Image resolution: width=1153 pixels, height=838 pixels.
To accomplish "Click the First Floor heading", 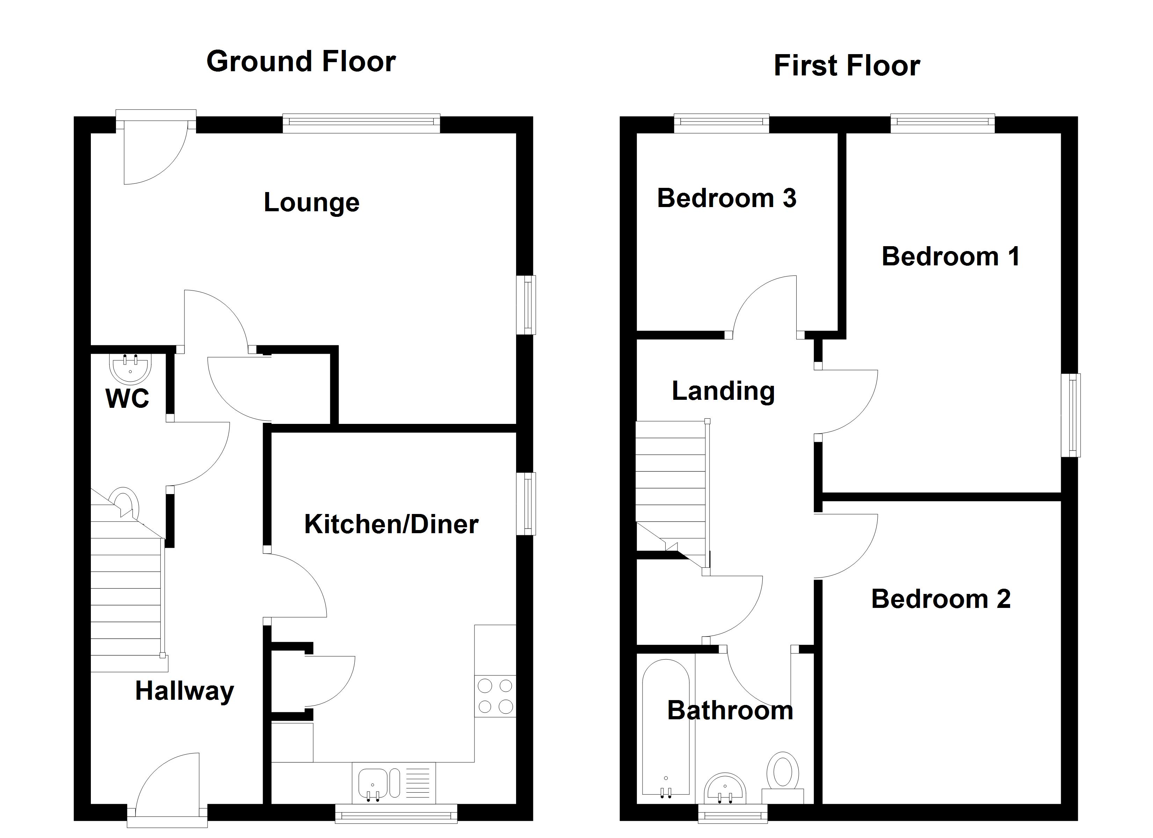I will coord(847,66).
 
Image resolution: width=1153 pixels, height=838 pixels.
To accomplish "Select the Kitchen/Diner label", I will coord(391,524).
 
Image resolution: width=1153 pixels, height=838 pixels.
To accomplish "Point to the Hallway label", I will coord(184,691).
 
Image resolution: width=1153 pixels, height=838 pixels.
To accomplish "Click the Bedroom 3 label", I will coord(726,198).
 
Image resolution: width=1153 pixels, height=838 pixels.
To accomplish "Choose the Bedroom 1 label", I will coord(950,256).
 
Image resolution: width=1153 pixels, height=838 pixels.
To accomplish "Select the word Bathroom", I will coord(730,711).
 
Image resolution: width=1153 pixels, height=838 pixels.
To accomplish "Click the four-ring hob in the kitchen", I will coord(495,696).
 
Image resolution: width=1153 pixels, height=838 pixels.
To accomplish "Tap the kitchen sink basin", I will coord(373,783).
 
